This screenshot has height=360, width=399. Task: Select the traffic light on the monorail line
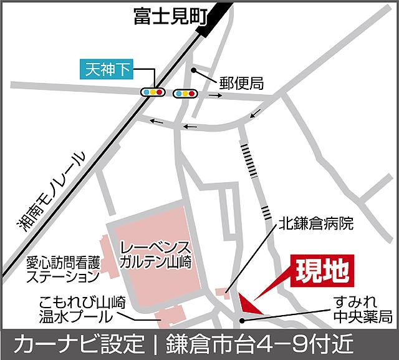point(153,92)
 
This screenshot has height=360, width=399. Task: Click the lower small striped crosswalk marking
point(267,209)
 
